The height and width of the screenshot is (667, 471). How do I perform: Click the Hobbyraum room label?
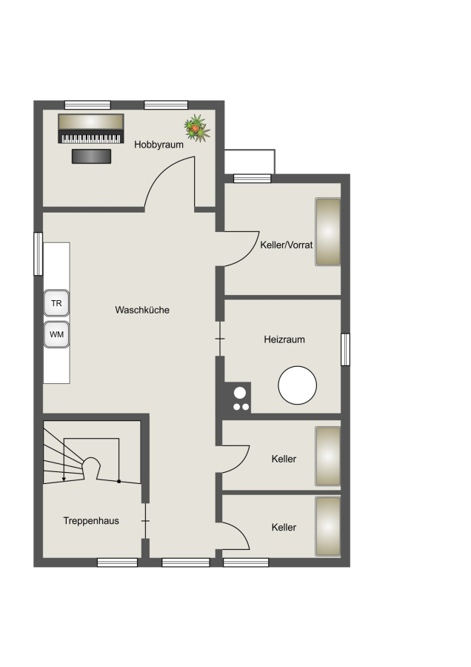click(158, 145)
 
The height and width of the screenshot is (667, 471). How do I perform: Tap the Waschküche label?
click(142, 310)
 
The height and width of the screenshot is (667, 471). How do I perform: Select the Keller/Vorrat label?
click(286, 245)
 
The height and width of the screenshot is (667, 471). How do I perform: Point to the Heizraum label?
click(284, 339)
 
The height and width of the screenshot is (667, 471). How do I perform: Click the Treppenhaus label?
click(91, 521)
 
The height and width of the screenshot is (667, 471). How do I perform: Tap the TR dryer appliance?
click(56, 303)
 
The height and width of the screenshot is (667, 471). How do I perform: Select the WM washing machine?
click(56, 334)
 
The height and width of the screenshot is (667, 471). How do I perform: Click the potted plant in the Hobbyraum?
click(197, 128)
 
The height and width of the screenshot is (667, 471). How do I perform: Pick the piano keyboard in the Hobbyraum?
click(91, 128)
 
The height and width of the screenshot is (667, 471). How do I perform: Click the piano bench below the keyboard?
click(91, 156)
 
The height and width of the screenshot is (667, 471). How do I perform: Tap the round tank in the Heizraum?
click(298, 385)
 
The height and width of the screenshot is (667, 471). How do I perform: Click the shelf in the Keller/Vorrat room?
click(328, 232)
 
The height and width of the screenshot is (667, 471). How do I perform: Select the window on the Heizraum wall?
click(346, 350)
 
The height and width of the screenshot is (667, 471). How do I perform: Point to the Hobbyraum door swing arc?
click(160, 171)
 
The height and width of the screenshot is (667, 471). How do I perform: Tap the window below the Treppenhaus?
click(117, 563)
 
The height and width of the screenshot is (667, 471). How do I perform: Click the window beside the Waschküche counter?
click(39, 254)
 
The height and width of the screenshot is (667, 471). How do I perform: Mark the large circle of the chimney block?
click(240, 392)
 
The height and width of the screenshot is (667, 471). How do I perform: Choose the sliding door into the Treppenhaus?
click(145, 521)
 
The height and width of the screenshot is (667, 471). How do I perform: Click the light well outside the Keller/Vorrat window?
click(250, 162)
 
